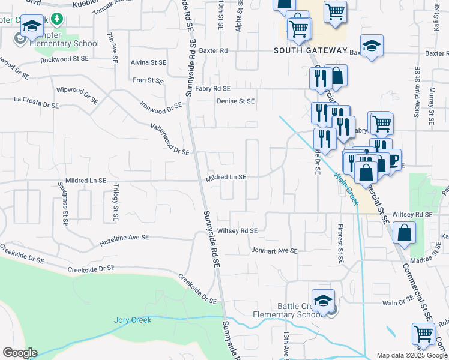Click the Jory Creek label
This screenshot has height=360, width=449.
tap(133, 320)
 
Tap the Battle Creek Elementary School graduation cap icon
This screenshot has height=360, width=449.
tap(323, 302)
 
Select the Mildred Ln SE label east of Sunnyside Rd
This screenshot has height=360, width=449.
tap(226, 178)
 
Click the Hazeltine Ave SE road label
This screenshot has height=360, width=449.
tap(124, 238)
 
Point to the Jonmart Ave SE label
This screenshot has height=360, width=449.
tap(274, 251)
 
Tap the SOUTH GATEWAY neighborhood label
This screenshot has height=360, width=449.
tap(303, 51)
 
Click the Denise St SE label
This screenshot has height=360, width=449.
tap(236, 101)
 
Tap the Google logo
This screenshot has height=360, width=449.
tap(20, 353)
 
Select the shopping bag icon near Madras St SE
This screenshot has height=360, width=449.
tap(406, 234)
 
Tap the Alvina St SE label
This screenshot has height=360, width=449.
tap(148, 62)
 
